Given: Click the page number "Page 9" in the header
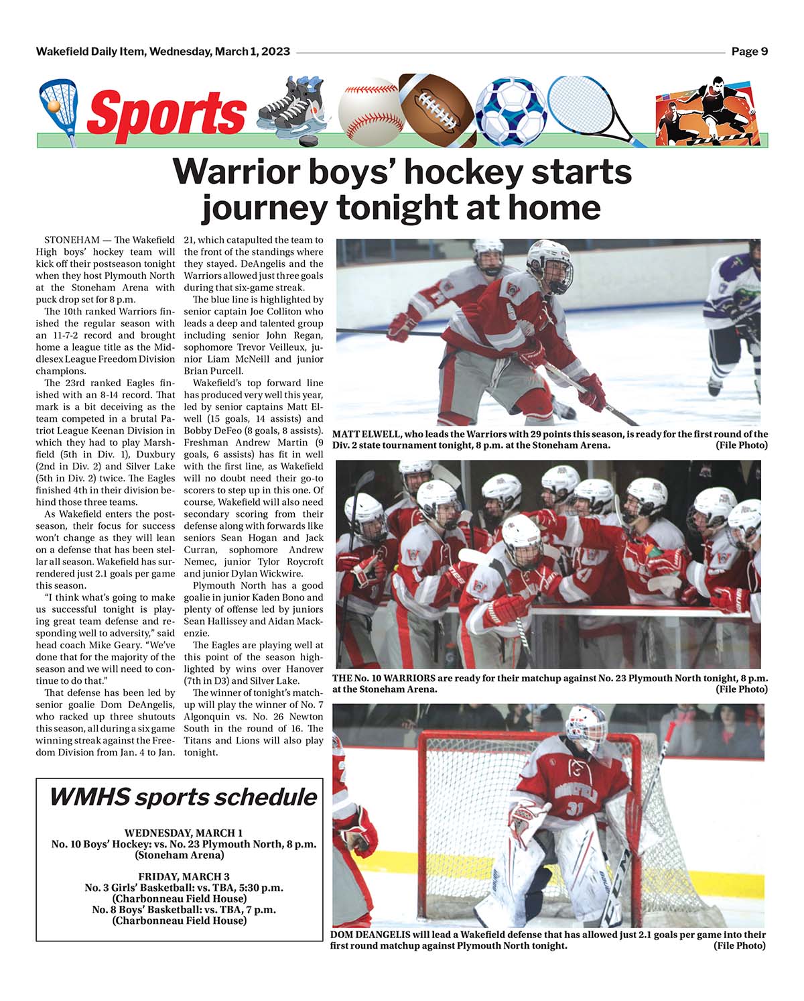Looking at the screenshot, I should (x=749, y=52).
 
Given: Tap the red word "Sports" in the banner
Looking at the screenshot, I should (x=166, y=113).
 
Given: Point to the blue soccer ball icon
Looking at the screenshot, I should (x=511, y=111).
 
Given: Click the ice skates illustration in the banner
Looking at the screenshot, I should (x=292, y=107).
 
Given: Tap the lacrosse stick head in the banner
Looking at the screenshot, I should (x=58, y=99).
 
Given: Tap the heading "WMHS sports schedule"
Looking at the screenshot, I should (x=182, y=797).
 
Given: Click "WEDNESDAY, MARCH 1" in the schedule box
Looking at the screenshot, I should (x=183, y=833).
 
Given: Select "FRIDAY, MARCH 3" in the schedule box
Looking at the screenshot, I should (x=184, y=876).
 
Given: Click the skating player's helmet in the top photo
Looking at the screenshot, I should (x=549, y=263).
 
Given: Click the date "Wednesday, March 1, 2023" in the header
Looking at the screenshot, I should (x=220, y=52).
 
